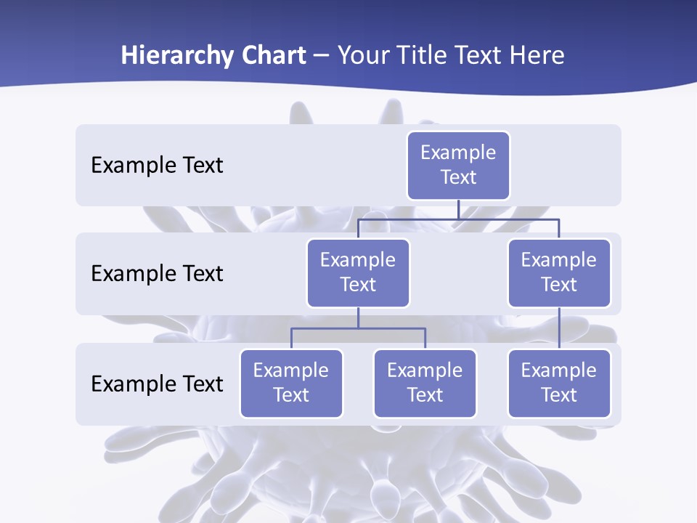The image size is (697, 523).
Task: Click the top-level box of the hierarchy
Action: tap(458, 165)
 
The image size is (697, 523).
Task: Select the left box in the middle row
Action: tap(358, 272)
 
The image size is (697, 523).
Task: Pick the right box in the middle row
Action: tap(559, 272)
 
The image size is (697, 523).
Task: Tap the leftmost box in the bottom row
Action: tap(291, 383)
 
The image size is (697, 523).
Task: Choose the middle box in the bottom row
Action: tap(425, 383)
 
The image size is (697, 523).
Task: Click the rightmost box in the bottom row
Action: tap(559, 383)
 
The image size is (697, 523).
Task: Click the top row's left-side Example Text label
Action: tap(157, 166)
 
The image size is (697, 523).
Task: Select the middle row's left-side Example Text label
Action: tap(157, 274)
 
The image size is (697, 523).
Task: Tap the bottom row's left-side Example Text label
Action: tap(157, 384)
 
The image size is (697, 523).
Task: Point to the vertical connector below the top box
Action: tap(458, 209)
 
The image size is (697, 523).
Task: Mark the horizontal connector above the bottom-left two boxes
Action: tap(358, 328)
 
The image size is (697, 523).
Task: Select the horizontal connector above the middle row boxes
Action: tap(458, 219)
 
